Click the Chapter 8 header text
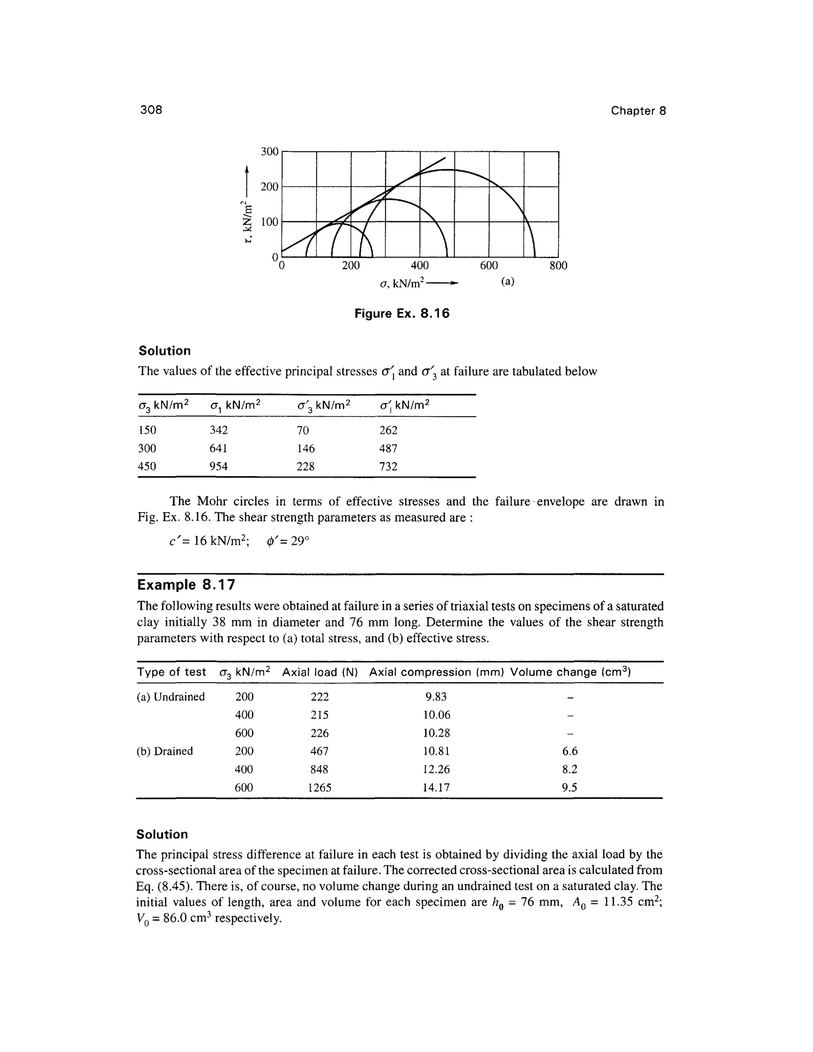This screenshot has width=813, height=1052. [638, 111]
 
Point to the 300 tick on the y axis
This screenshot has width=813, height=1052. [270, 152]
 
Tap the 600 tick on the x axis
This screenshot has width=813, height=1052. [489, 266]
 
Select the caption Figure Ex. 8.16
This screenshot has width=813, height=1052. [402, 314]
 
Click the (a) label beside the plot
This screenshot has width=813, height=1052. [508, 282]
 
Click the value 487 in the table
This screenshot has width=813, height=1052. [388, 449]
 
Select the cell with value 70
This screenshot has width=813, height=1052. [302, 430]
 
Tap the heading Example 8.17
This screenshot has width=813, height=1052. [187, 585]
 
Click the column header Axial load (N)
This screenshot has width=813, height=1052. [320, 672]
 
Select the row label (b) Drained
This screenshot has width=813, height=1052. [165, 751]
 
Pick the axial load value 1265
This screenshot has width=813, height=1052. [320, 788]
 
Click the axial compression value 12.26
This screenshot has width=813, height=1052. [436, 769]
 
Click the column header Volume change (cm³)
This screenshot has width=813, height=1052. [570, 672]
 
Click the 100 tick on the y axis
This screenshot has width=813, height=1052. [270, 222]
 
